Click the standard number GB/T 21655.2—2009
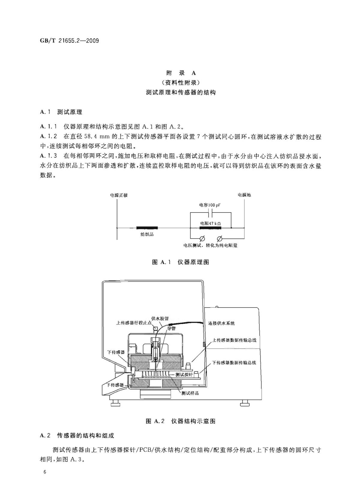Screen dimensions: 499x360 point(69,41)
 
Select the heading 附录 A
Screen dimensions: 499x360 point(181,73)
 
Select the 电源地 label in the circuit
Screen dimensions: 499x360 point(244,195)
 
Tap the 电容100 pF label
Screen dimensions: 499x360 point(210,205)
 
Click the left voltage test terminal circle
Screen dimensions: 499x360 point(202,239)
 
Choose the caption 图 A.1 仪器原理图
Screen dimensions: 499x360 point(181,262)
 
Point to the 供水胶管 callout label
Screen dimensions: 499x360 point(160,318)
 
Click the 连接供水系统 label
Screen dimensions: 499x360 point(221,323)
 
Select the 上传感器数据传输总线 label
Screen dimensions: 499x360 point(234,340)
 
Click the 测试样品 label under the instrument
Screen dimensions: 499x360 point(190,393)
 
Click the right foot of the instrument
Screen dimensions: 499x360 point(244,404)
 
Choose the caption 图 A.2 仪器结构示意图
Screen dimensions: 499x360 point(180,421)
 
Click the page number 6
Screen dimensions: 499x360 point(45,472)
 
